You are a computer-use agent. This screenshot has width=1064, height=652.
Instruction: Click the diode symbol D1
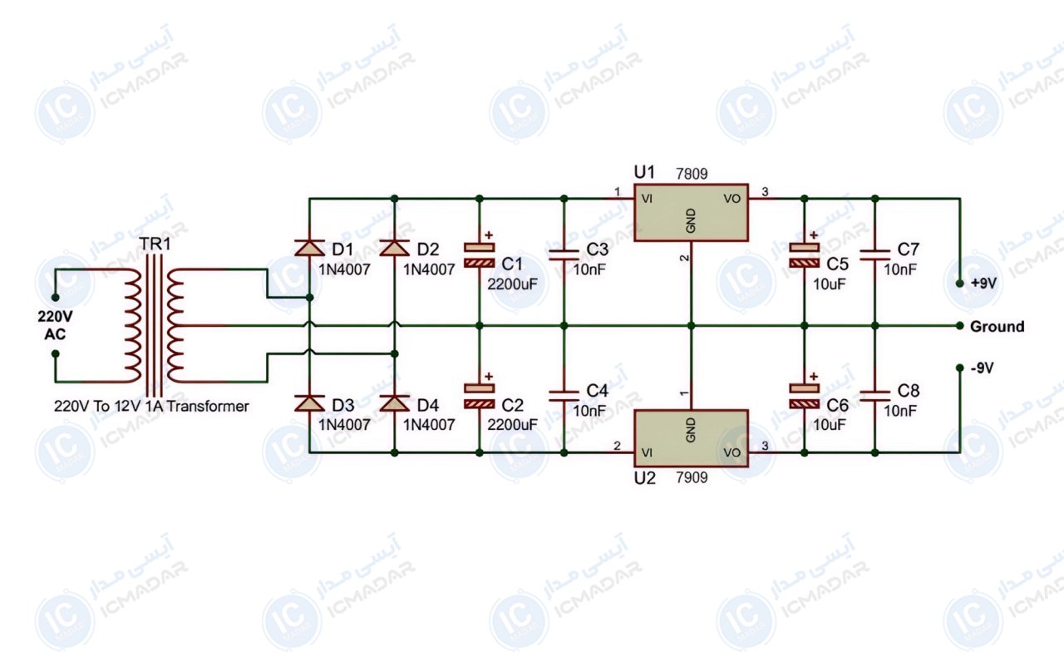click(310, 248)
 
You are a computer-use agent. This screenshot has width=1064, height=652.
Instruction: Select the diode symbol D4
click(394, 403)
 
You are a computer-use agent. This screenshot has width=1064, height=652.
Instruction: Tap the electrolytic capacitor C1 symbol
click(480, 255)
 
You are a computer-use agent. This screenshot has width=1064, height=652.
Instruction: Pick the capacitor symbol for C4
click(564, 397)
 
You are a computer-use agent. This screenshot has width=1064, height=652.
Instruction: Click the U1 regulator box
click(691, 212)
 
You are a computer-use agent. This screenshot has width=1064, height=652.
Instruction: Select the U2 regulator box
click(691, 438)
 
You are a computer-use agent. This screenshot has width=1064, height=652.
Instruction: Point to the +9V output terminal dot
click(959, 284)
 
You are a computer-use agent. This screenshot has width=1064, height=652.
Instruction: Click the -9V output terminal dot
click(959, 368)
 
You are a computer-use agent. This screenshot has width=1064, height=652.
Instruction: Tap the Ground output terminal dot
click(959, 326)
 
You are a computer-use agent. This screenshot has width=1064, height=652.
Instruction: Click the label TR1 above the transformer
click(155, 244)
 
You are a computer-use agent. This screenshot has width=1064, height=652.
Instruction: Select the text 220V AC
click(55, 325)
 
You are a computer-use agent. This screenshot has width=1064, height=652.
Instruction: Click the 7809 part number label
click(692, 174)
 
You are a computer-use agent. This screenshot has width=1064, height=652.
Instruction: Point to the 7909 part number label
click(692, 477)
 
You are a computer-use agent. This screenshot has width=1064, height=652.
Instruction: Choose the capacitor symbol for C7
click(875, 255)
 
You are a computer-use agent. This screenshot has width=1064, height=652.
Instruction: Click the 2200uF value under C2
click(512, 424)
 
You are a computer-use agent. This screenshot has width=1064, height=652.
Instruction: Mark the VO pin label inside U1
click(732, 199)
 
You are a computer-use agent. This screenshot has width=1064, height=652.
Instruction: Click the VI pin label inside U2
click(647, 452)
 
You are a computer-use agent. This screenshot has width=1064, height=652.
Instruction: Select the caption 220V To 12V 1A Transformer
click(151, 407)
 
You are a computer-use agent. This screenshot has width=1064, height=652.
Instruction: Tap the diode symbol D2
click(394, 248)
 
